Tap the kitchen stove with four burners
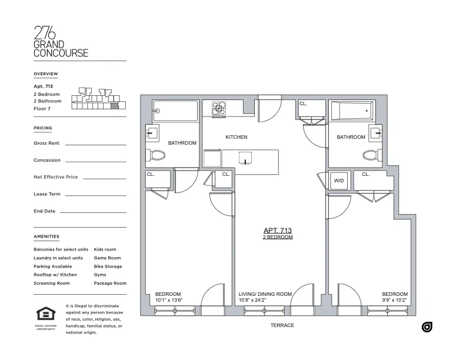pyautogui.click(x=219, y=108)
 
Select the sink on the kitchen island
pyautogui.click(x=245, y=158)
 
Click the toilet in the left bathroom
pyautogui.click(x=157, y=155)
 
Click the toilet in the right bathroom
pyautogui.click(x=371, y=155)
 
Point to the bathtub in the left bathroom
pyautogui.click(x=175, y=110)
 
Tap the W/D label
pyautogui.click(x=339, y=181)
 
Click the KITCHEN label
pyautogui.click(x=236, y=137)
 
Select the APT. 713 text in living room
pyautogui.click(x=278, y=231)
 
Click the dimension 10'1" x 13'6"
pyautogui.click(x=169, y=300)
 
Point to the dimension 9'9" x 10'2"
pyautogui.click(x=394, y=300)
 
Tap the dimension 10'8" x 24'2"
pyautogui.click(x=265, y=300)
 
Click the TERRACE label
pyautogui.click(x=282, y=325)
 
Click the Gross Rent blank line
pyautogui.click(x=95, y=144)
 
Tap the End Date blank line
pyautogui.click(x=93, y=212)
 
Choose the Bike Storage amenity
pyautogui.click(x=108, y=266)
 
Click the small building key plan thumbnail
pyautogui.click(x=95, y=99)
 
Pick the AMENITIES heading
pyautogui.click(x=46, y=236)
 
